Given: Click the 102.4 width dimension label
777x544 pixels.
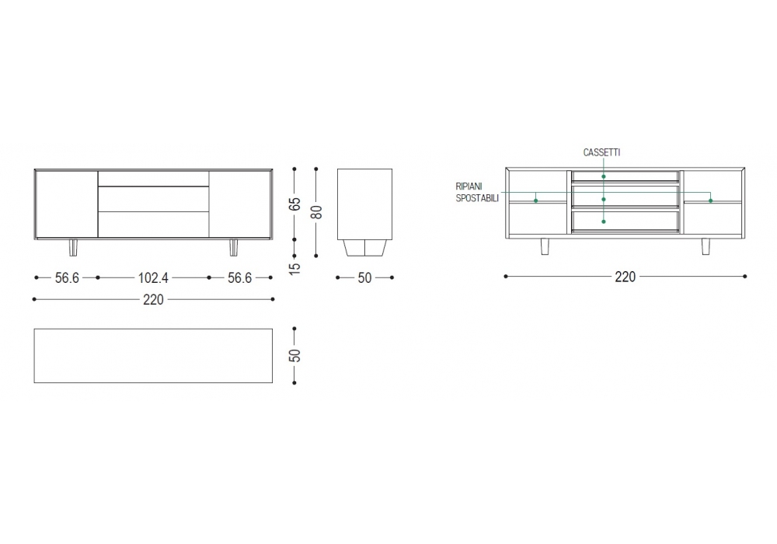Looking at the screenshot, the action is coord(153,278).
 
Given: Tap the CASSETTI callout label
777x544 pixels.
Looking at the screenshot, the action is coord(601,152).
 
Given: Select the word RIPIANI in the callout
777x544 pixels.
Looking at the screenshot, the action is coord(469,187).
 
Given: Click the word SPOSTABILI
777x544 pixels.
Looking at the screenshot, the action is coord(477,198).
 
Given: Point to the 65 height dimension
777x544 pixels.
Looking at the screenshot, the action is coord(294,204).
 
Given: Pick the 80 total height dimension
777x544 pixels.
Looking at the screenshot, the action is coord(316,212).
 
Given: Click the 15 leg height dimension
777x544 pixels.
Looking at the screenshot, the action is coord(294,268).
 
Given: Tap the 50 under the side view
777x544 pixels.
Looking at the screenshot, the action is coord(364,278).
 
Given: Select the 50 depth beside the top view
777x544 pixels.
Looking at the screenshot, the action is coord(294,355).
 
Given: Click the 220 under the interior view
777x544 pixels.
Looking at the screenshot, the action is coord(625,277).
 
